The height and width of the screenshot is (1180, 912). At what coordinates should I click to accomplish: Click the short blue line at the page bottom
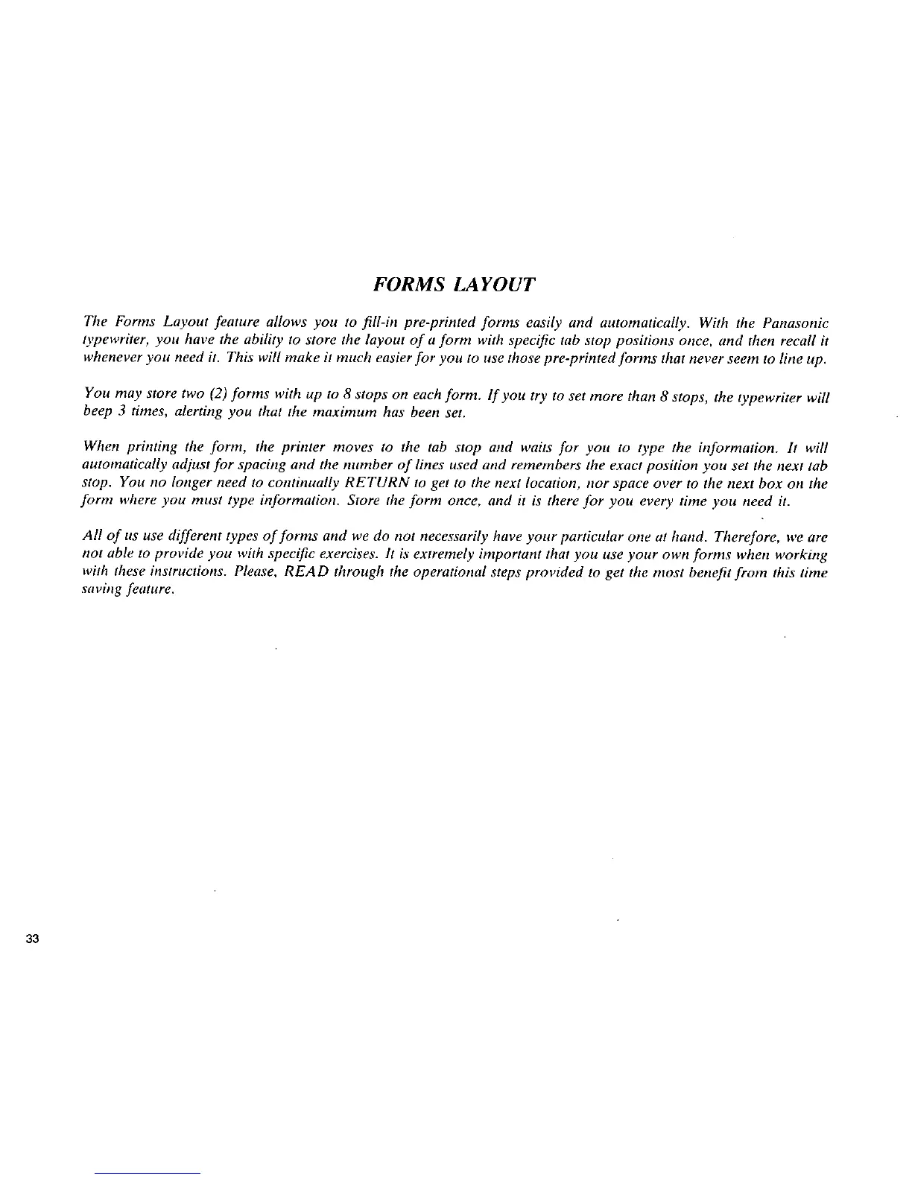148,1173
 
